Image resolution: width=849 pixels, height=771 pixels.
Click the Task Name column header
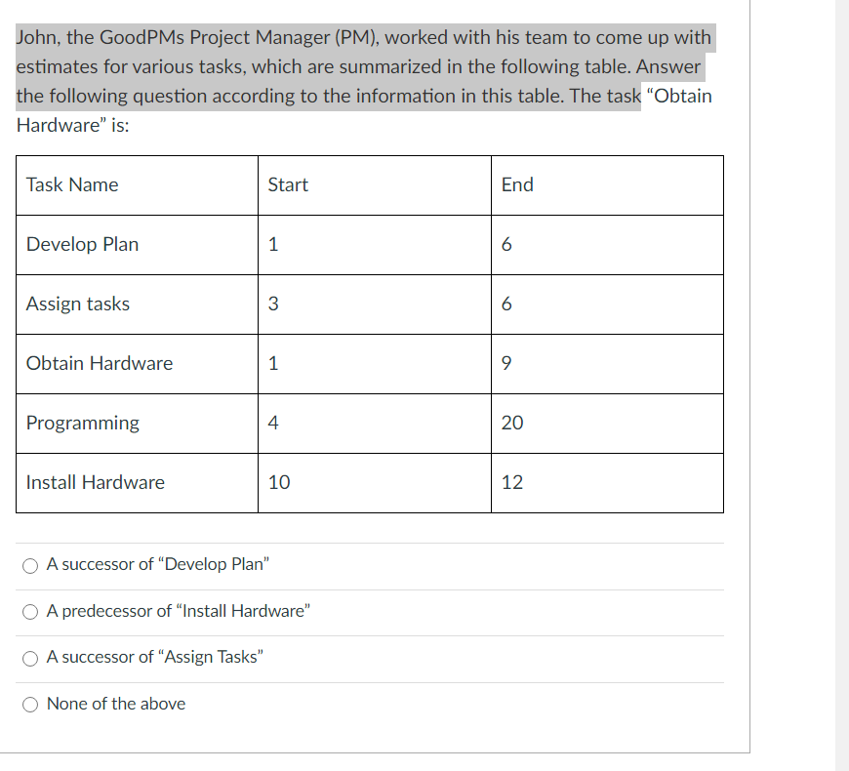click(72, 185)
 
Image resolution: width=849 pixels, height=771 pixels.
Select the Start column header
click(288, 185)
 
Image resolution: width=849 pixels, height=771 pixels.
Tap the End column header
click(517, 185)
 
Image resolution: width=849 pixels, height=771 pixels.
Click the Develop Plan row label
click(82, 245)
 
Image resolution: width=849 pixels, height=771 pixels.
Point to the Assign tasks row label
click(78, 304)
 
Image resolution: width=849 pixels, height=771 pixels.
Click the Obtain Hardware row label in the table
click(100, 364)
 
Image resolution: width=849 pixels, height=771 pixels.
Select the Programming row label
click(83, 424)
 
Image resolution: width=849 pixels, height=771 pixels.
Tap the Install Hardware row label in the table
click(96, 483)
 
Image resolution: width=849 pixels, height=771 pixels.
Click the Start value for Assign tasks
click(273, 304)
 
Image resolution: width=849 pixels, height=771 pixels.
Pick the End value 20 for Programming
click(512, 424)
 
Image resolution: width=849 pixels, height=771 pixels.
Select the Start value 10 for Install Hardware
click(279, 483)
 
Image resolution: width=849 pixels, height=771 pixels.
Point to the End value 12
click(512, 483)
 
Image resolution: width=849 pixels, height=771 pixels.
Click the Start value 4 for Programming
click(273, 424)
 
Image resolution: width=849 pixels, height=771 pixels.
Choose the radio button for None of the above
click(32, 705)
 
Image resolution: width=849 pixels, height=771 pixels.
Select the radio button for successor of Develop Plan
click(32, 565)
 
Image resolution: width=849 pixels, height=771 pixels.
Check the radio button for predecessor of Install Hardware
click(32, 612)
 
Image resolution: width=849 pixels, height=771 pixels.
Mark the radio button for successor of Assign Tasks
click(32, 658)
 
